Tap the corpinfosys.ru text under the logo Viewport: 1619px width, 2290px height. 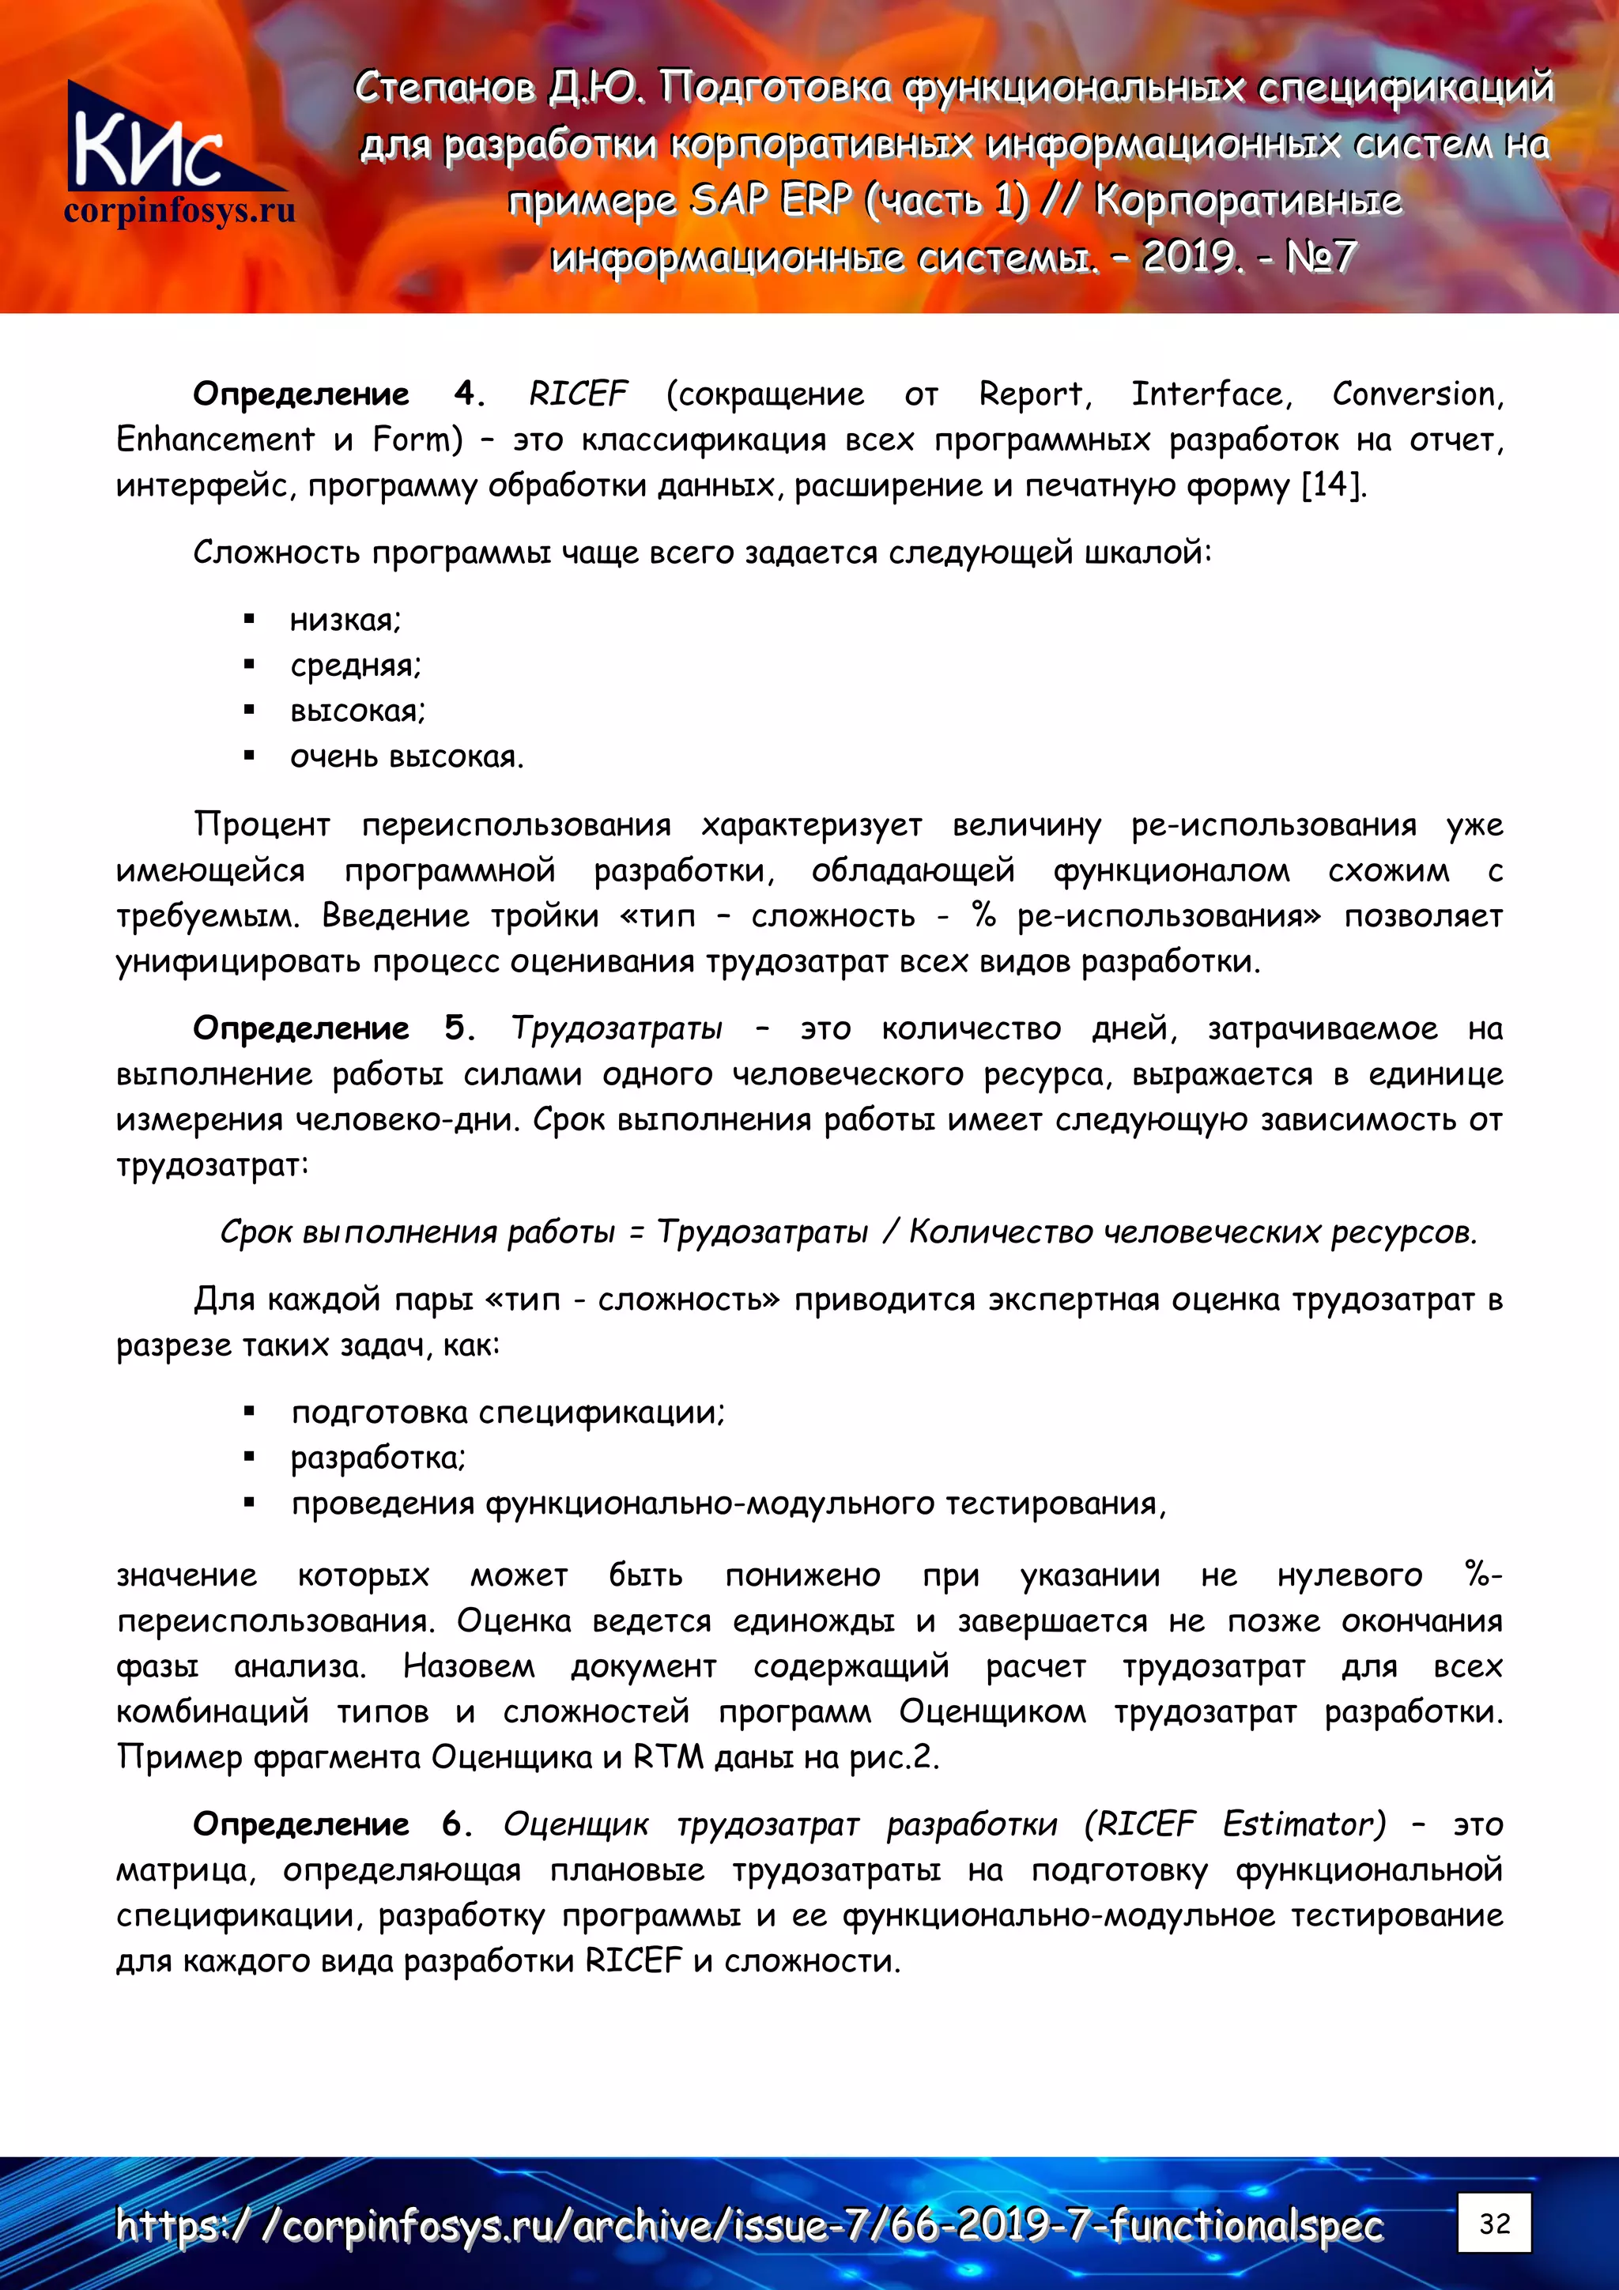179,211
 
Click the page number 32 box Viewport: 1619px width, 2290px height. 1493,2223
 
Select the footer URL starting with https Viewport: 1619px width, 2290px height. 748,2225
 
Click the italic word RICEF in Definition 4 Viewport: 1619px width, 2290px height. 578,394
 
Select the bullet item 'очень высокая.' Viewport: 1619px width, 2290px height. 406,757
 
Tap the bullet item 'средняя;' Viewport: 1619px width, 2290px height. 355,666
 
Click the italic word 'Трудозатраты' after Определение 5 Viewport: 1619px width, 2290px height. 617,1028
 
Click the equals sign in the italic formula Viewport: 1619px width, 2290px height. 636,1233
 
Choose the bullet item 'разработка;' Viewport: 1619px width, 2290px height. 378,1458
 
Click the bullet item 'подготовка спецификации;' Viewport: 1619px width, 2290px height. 508,1413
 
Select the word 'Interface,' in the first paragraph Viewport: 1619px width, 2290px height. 1211,394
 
